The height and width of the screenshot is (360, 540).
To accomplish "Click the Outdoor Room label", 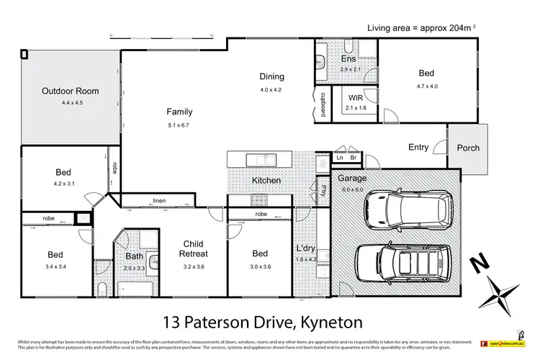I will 70,91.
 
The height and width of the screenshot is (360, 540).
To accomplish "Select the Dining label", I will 272,76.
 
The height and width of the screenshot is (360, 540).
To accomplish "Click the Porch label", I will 468,148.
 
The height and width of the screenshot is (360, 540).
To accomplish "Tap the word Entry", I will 418,148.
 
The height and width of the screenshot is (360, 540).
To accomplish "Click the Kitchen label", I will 266,180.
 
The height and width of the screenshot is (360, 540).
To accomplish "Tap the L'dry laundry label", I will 306,249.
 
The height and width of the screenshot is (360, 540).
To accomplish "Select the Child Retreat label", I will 195,248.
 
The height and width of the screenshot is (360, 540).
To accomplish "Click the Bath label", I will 135,256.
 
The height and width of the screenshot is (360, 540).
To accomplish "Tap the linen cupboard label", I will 158,201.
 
